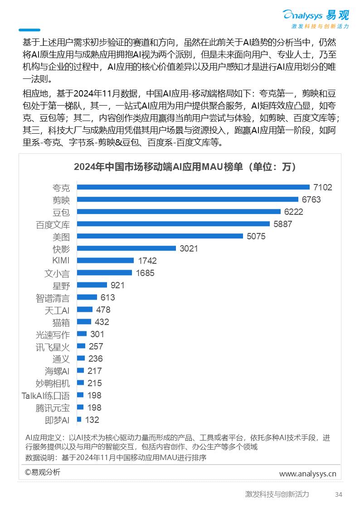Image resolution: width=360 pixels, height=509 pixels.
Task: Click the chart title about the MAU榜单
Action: tap(185, 167)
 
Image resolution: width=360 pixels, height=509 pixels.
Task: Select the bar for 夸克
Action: tap(193, 187)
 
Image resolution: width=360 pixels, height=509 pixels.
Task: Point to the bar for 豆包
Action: tap(179, 212)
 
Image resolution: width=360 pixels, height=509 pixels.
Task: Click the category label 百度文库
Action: tap(53, 224)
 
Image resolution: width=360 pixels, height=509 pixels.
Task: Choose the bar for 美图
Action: tap(160, 236)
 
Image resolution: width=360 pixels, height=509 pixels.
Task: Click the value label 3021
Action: tap(189, 248)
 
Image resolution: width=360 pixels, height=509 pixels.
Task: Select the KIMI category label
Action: tap(61, 261)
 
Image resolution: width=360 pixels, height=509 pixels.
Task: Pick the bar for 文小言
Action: tap(104, 273)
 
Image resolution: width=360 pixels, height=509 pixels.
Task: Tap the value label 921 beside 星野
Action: tap(117, 285)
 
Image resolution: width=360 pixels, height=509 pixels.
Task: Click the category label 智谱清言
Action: tap(53, 298)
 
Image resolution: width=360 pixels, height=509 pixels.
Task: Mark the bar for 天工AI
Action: tap(85, 310)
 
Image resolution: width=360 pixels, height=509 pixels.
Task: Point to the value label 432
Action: tap(102, 322)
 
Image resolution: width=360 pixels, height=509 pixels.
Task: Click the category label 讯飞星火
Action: tap(53, 347)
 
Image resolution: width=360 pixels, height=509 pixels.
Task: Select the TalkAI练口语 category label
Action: tap(46, 396)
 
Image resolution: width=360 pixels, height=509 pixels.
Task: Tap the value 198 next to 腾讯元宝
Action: tap(94, 407)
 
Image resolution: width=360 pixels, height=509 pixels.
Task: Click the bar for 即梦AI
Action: tap(79, 420)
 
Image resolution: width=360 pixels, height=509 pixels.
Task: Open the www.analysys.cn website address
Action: tap(307, 474)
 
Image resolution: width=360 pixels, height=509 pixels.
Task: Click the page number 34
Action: tap(338, 494)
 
